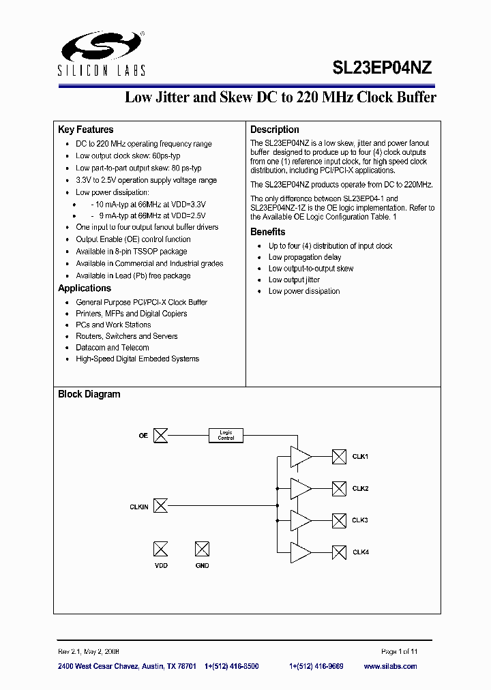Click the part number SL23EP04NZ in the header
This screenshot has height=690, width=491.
pos(382,67)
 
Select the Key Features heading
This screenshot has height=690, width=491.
pos(86,130)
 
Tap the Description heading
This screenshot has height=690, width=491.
pos(274,130)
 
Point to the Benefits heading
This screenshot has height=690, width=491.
pos(267,232)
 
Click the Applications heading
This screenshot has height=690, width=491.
pos(85,288)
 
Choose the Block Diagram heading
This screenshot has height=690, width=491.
pos(89,394)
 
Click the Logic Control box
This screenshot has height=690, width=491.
pos(226,435)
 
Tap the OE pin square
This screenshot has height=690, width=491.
pos(160,435)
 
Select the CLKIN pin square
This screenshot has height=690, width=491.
pos(160,506)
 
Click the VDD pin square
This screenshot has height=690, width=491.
pos(160,549)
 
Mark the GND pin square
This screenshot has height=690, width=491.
pos(202,549)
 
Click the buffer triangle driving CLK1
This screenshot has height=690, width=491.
pos(300,457)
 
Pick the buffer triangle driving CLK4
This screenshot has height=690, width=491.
pos(300,552)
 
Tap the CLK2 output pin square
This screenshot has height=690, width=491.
pos(339,488)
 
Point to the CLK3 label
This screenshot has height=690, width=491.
pos(360,520)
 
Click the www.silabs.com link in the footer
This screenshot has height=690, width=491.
pos(390,666)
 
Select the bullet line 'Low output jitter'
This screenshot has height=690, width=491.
pos(294,280)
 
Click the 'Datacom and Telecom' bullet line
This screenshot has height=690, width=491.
pos(113,348)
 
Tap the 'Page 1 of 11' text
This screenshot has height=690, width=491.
pos(399,651)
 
